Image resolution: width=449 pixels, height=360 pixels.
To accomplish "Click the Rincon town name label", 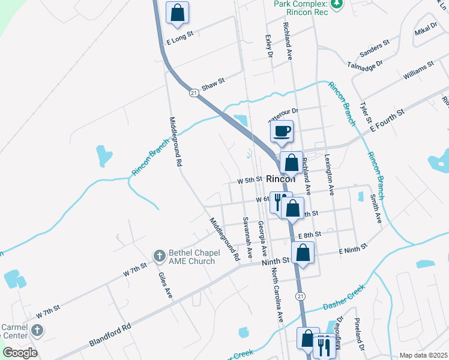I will pos(281,179).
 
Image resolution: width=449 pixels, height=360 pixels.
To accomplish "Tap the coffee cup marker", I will pos(282,131).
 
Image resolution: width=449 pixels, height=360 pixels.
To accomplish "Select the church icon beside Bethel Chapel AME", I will pos(160,256).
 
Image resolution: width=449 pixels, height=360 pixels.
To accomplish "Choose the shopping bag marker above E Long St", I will pos(178,13).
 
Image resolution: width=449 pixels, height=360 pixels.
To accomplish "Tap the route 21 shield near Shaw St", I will pos(193,93).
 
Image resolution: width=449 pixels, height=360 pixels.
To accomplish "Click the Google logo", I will pos(20,352).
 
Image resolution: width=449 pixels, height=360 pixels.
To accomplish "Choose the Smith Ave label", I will pos(376,208).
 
